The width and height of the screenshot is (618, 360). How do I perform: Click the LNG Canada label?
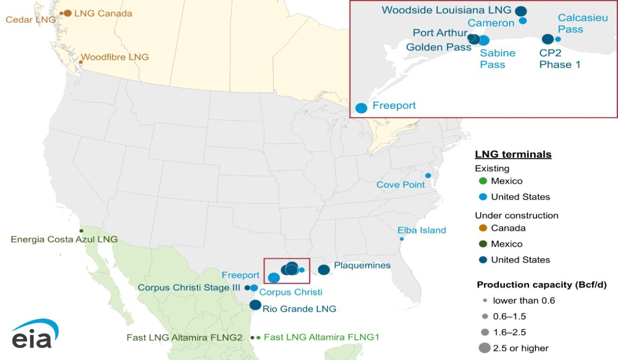[x=103, y=14]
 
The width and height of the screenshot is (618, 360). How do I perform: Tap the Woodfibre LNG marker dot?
[x=81, y=62]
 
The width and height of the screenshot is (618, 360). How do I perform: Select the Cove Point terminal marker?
[x=428, y=176]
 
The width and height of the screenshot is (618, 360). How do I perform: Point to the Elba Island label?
[x=422, y=230]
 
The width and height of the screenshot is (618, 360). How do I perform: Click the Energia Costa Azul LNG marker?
[x=81, y=231]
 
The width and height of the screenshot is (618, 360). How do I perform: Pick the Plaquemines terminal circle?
[x=324, y=270]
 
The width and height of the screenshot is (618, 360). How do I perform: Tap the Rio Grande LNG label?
[x=299, y=309]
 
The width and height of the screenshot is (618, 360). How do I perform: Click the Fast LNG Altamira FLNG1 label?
[x=322, y=337]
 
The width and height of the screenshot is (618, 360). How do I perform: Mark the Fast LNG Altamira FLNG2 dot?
[x=252, y=338]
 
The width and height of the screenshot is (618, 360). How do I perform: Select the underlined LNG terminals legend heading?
[x=513, y=154]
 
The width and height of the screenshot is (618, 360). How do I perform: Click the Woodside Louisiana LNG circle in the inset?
[x=521, y=11]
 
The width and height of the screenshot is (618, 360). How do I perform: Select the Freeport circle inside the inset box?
[x=361, y=108]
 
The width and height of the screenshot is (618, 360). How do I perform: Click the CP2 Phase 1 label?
[x=559, y=59]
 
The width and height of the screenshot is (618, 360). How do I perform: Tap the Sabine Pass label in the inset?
[x=497, y=59]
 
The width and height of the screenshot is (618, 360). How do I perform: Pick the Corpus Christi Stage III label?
[x=189, y=288]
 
